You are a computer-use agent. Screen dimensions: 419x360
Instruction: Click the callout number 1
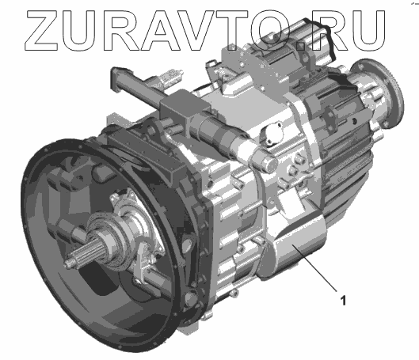point(344,301)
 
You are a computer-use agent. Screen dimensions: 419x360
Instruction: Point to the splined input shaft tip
point(69,263)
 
